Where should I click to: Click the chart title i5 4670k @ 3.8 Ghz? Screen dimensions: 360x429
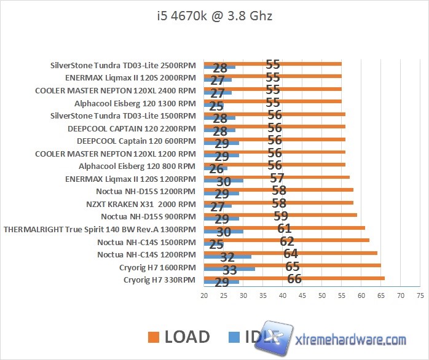[214, 15]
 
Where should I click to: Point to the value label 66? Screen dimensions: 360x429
[294, 278]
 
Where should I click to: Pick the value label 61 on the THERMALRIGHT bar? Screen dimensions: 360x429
[285, 229]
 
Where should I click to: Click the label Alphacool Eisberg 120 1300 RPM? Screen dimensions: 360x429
[135, 104]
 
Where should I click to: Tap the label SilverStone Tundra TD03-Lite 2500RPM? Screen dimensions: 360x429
[123, 65]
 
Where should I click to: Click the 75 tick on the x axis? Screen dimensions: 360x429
[420, 295]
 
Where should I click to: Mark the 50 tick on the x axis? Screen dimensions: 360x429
[322, 295]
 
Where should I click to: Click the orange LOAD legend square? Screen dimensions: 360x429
[154, 337]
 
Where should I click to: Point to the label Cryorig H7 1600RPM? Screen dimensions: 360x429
[158, 267]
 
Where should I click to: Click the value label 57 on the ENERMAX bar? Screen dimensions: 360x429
[277, 178]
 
